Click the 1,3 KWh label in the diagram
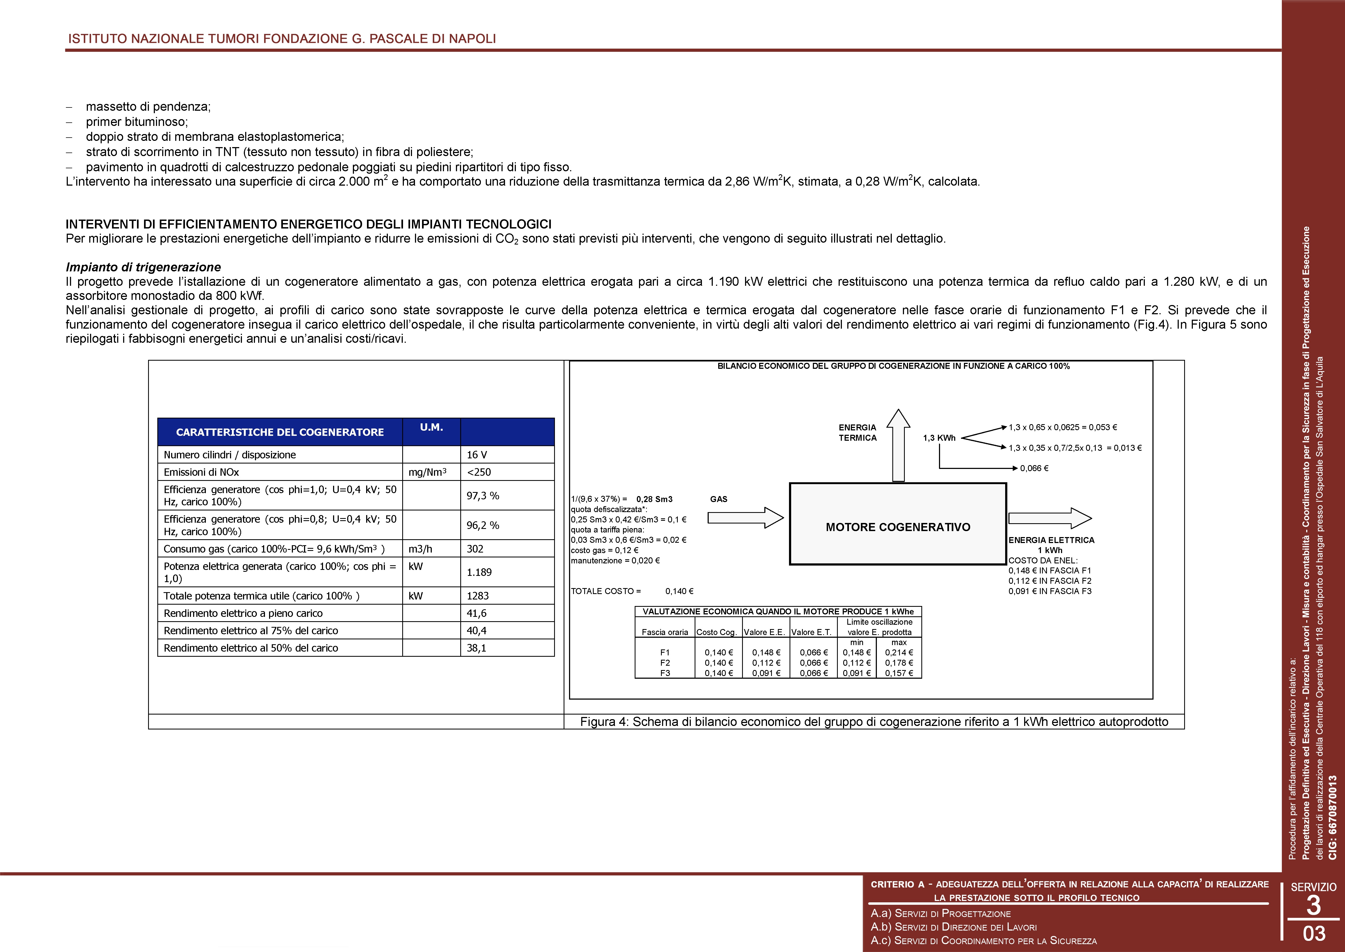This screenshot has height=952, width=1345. (x=939, y=438)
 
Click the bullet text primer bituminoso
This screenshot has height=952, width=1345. (x=136, y=122)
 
